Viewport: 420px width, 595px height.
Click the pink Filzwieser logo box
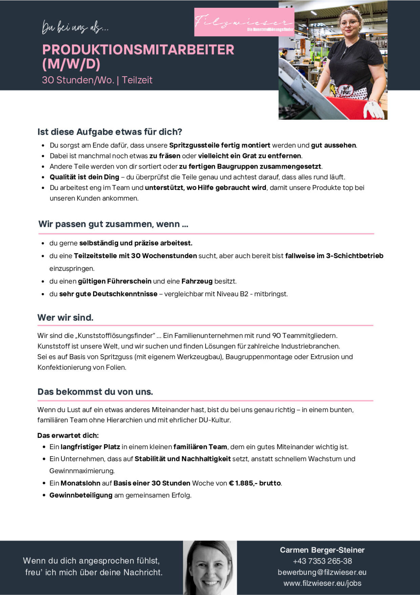244,22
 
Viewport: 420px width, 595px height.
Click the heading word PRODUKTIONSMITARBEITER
138,50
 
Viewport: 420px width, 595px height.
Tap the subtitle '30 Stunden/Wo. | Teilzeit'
97,80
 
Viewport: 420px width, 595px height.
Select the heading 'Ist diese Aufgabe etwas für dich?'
110,132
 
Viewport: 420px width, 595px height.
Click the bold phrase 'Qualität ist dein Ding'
84,177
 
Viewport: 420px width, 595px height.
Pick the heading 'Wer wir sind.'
65,318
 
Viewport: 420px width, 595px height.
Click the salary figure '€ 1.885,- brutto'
255,483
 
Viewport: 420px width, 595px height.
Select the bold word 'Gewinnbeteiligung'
81,495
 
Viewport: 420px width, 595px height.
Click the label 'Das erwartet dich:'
68,436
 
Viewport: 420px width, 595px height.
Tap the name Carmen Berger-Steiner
322,550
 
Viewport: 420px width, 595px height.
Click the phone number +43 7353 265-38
322,561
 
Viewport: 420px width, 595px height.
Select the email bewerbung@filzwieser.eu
322,572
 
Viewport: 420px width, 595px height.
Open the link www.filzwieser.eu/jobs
322,583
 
